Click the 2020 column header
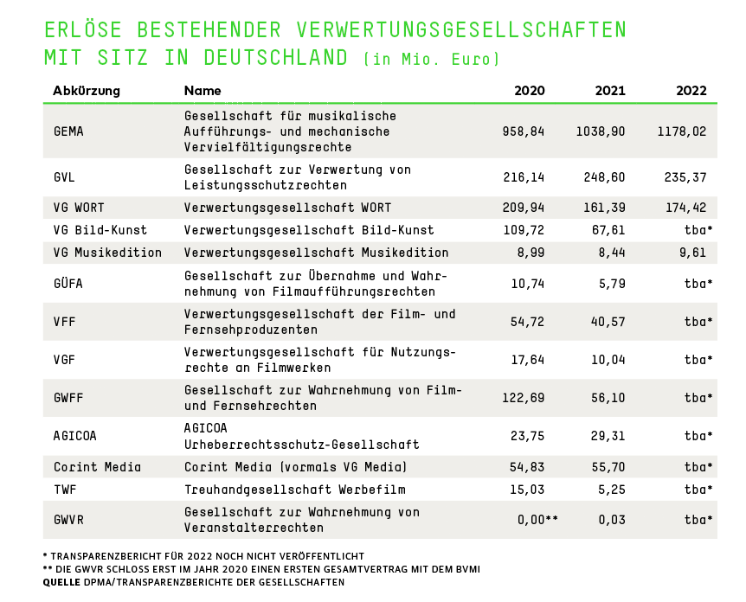[x=529, y=91]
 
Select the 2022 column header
[x=691, y=91]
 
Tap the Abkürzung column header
[x=87, y=91]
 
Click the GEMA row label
[x=68, y=131]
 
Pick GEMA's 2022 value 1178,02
[x=682, y=131]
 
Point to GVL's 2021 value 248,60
[x=601, y=177]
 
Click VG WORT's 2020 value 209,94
[x=524, y=208]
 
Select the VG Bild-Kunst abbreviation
[x=100, y=230]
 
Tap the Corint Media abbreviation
[x=97, y=467]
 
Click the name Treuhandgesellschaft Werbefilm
[x=295, y=490]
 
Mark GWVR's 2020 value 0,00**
[x=531, y=520]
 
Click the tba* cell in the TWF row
[x=698, y=490]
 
